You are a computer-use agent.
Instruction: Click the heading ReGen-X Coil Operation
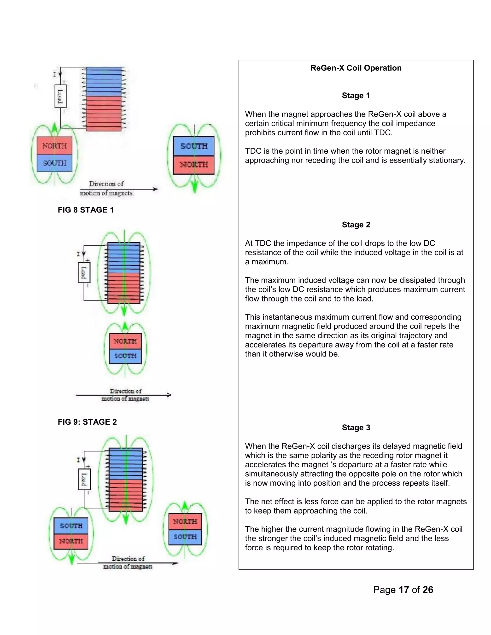coord(356,68)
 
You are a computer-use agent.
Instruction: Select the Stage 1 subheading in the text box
coord(356,96)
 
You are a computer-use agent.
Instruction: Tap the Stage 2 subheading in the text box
coord(356,225)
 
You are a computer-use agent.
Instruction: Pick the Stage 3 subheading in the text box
coord(356,428)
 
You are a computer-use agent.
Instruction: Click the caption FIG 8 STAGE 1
coord(86,210)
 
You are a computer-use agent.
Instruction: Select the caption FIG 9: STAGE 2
coord(87,422)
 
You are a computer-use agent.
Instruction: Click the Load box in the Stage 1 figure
coord(60,96)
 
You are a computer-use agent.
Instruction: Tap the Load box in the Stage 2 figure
coord(84,272)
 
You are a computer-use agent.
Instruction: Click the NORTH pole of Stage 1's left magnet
coord(54,146)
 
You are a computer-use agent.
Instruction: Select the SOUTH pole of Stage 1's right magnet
coord(194,146)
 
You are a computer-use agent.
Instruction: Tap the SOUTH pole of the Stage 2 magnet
coord(125,356)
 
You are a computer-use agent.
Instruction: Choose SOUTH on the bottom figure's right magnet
coord(185,537)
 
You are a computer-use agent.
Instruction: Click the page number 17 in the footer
coord(404,590)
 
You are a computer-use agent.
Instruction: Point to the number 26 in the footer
coord(428,590)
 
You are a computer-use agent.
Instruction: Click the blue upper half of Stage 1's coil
coord(104,81)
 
